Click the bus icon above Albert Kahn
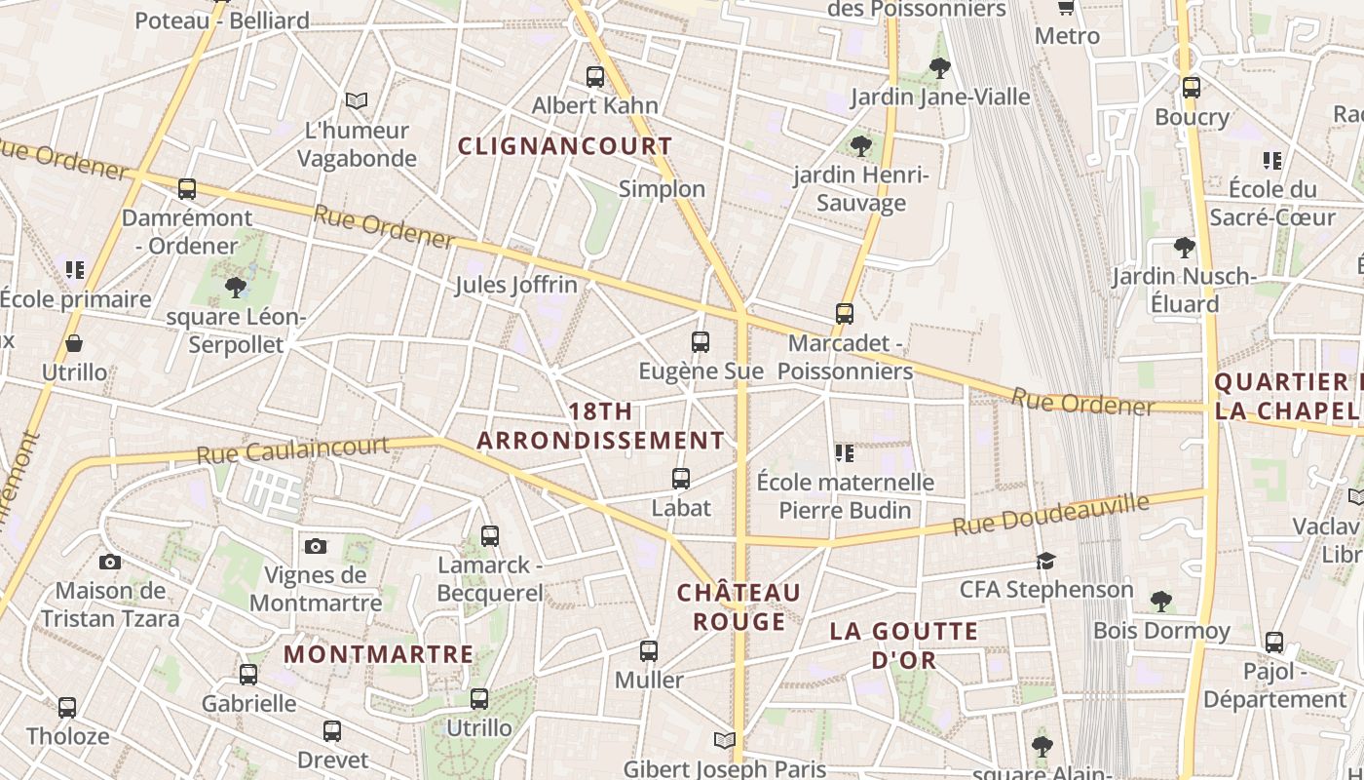[x=594, y=77]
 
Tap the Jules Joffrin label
[x=516, y=285]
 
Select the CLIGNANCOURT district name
[x=565, y=146]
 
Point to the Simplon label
[x=662, y=189]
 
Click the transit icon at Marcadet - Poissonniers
[x=845, y=314]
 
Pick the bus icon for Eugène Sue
[x=701, y=342]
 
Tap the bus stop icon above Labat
[x=681, y=479]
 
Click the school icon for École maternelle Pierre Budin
[x=845, y=453]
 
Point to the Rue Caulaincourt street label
[x=292, y=450]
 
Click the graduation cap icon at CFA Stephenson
[x=1046, y=561]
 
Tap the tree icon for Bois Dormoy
[x=1160, y=601]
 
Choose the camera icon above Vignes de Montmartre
[x=315, y=546]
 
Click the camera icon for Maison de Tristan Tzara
[x=110, y=562]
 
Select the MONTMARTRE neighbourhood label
[x=379, y=654]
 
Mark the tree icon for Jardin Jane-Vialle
[x=940, y=67]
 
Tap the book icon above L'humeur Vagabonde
[x=358, y=100]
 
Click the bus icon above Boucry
[x=1191, y=88]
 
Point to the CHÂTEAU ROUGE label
[x=739, y=606]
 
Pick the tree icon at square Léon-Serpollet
[x=235, y=287]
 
